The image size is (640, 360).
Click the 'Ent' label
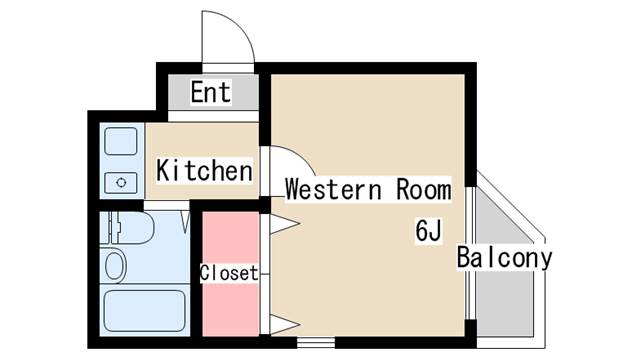[211, 93]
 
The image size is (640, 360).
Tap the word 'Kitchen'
[204, 170]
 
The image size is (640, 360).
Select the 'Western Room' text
[368, 189]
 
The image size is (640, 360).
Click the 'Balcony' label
[504, 258]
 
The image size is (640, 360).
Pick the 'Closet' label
[229, 272]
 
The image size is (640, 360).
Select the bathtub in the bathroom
[144, 314]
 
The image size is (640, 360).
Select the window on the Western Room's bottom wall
[312, 342]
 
